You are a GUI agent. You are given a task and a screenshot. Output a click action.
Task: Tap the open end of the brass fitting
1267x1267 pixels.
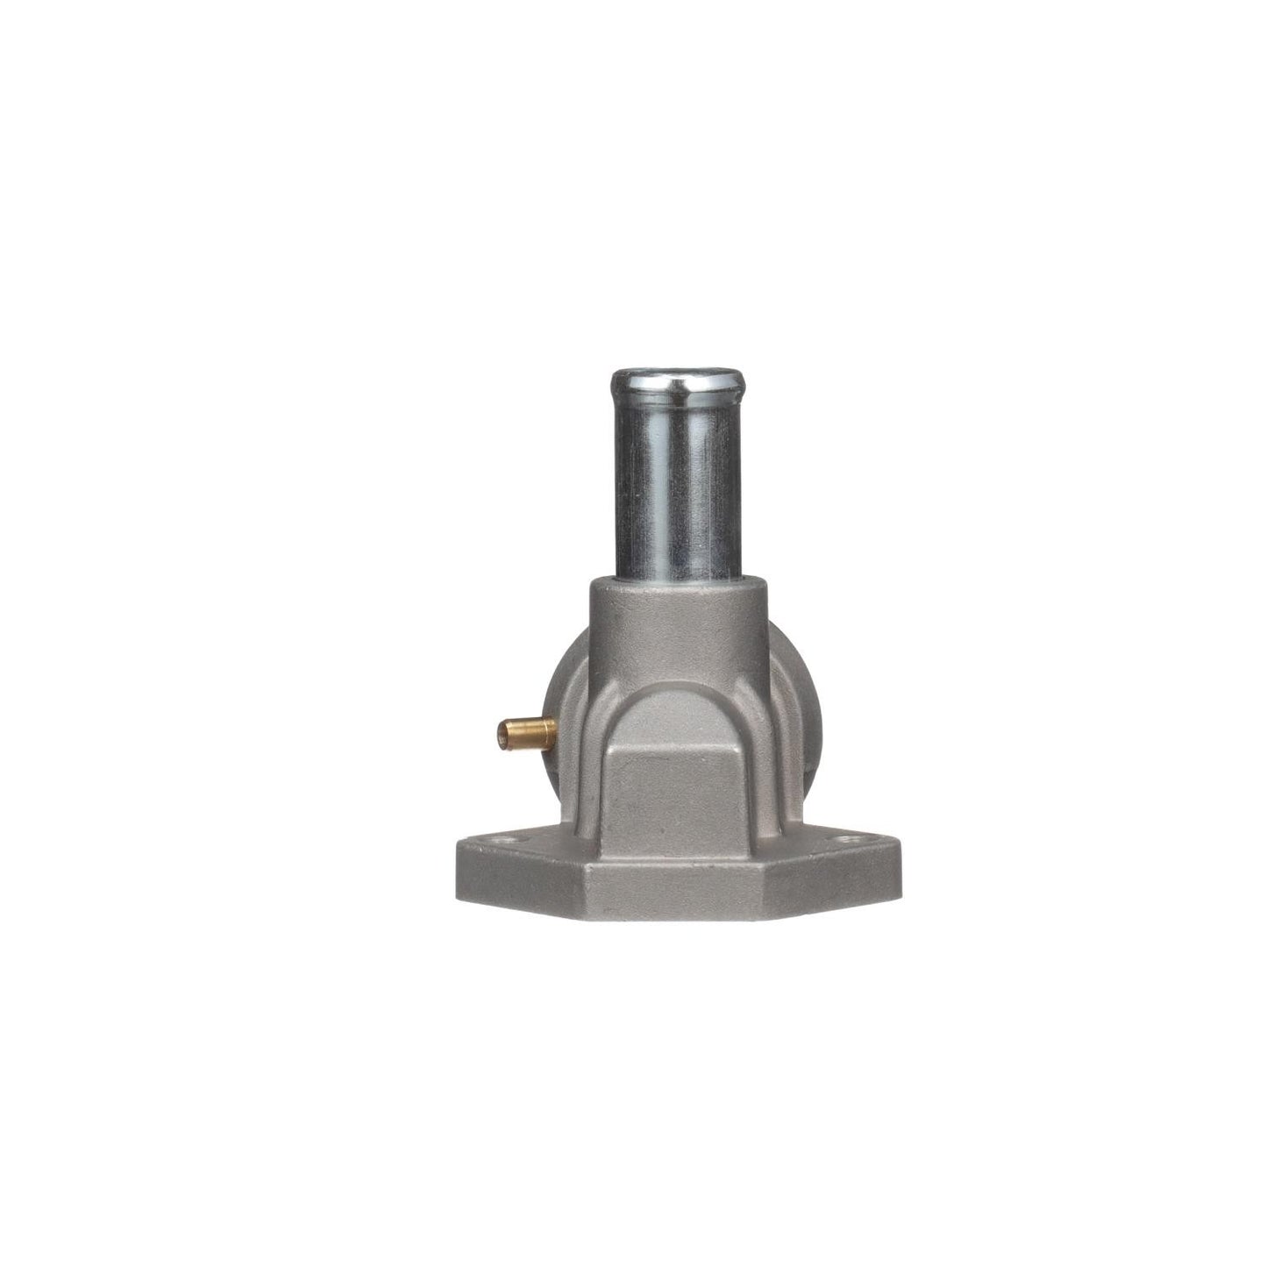coord(502,730)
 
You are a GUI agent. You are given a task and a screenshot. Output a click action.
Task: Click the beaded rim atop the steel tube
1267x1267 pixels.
coord(677,382)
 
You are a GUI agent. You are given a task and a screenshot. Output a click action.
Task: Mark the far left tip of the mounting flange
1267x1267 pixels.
coord(458,864)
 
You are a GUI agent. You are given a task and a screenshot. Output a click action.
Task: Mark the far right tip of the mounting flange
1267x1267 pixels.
coord(900,864)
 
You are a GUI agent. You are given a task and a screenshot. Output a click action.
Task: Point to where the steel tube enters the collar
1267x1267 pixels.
coord(677,579)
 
